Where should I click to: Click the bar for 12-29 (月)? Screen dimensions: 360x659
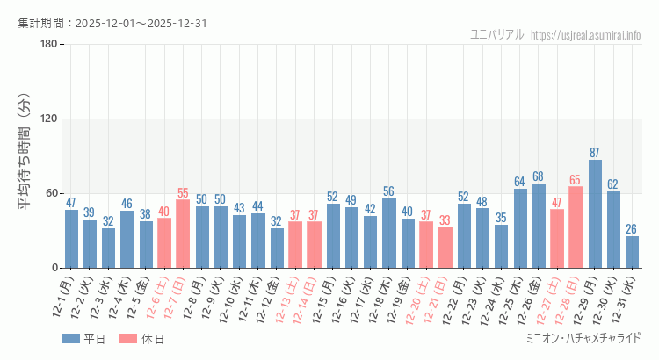pos(595,214)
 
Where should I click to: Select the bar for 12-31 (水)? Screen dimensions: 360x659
pos(632,252)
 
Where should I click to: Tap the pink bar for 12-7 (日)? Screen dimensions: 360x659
pos(183,234)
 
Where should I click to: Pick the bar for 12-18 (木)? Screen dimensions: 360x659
pos(389,234)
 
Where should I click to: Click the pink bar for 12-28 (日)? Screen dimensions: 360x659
pos(576,227)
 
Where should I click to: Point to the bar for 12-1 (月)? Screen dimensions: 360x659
pos(71,239)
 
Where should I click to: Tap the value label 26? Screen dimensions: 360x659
pos(632,229)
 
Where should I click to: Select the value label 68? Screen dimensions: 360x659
pos(539,176)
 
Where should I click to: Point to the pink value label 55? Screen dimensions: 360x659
pos(183,193)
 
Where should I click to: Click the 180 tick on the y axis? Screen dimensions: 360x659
pos(48,44)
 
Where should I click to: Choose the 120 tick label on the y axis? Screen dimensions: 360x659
pos(48,119)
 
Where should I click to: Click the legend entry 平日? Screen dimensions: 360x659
pos(84,338)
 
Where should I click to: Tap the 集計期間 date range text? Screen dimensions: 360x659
pos(112,23)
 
